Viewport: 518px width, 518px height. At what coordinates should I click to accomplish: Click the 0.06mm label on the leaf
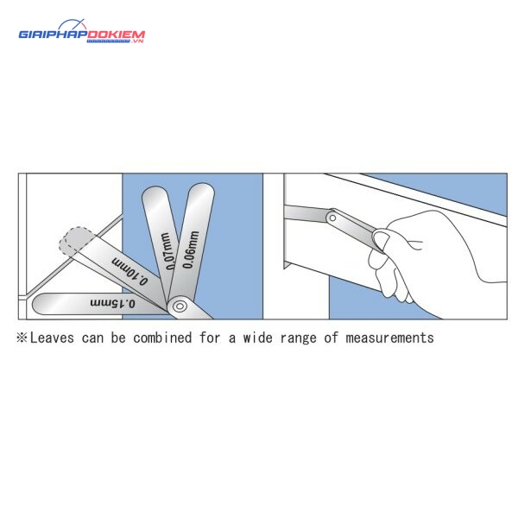pos(191,250)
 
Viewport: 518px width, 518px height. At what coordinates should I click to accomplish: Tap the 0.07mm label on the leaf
pos(167,251)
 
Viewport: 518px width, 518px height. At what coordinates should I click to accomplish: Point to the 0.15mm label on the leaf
pos(112,303)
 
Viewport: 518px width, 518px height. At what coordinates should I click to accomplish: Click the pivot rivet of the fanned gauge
pos(180,306)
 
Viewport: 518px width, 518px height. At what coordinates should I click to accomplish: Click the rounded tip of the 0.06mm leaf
pos(201,189)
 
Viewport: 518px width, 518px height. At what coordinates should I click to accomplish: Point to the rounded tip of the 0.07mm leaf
pos(155,193)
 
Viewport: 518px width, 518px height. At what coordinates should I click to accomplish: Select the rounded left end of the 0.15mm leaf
pos(39,304)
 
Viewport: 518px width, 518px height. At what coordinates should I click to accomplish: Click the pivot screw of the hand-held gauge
pos(332,218)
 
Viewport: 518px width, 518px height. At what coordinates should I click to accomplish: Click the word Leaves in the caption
pos(52,338)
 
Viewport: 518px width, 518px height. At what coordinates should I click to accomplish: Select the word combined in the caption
pos(162,338)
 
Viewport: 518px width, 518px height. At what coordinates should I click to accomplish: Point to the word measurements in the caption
pos(389,338)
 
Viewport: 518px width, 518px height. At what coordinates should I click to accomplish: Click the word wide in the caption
pos(257,338)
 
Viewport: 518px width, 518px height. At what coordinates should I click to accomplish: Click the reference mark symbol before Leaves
pos(22,338)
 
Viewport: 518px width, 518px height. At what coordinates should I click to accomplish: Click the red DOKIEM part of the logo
pos(116,35)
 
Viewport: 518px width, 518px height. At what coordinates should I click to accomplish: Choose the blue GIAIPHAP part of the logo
pos(53,35)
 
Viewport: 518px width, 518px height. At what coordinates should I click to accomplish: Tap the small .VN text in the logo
pos(137,41)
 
